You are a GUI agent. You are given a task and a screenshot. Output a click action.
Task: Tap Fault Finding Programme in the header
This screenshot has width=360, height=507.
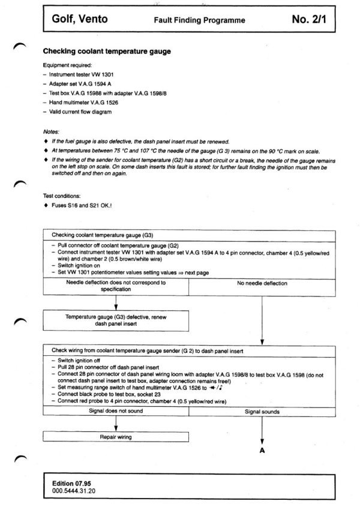[199, 20]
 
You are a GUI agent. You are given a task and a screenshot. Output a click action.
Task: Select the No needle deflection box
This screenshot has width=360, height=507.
[262, 283]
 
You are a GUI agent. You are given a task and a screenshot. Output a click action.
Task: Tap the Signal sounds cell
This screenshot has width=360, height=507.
[262, 412]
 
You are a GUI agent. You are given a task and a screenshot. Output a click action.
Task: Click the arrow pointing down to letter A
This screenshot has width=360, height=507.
[262, 430]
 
